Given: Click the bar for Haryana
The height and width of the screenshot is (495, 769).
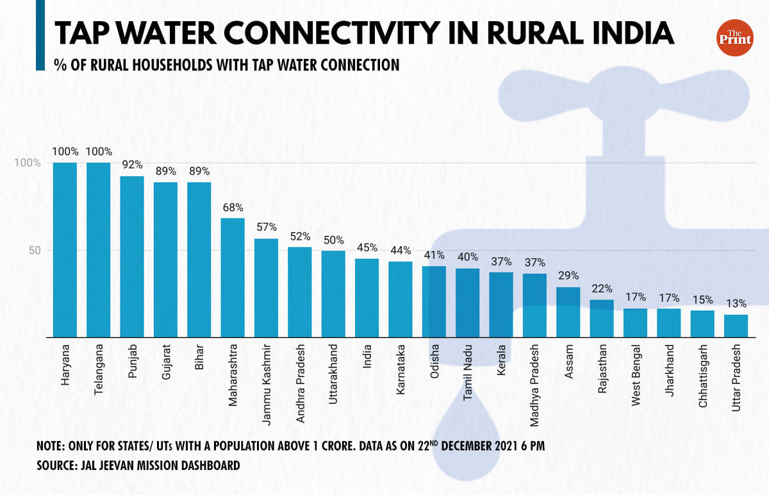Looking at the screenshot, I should (65, 249).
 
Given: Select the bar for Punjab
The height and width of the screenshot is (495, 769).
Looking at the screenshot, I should (132, 256).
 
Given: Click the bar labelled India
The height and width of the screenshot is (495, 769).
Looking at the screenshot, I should (367, 298).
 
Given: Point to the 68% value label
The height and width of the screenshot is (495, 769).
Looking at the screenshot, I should (233, 208).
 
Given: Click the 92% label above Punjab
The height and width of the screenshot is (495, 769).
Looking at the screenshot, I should (132, 164).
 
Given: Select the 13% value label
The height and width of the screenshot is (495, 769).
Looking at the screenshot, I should (736, 303).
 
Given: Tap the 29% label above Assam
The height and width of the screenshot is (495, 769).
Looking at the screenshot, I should (568, 276).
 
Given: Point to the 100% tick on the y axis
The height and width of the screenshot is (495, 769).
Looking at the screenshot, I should (28, 163).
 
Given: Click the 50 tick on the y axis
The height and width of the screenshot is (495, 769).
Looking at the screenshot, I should (33, 250).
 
